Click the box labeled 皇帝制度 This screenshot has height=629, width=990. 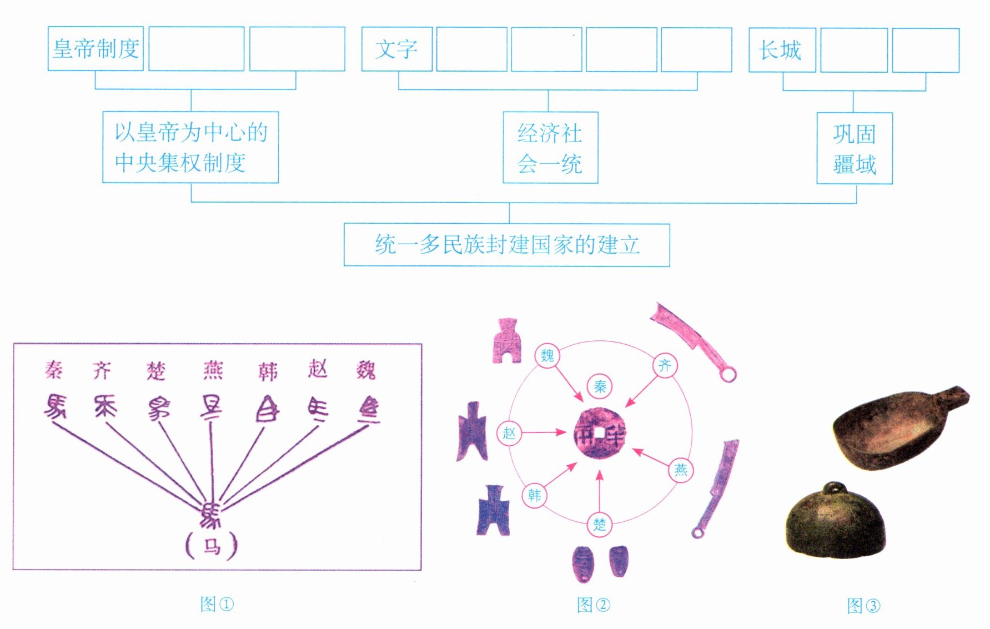point(96,49)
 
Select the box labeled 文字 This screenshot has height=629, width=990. point(396,49)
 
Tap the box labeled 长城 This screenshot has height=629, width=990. point(781,50)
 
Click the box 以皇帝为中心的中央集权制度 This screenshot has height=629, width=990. point(190,147)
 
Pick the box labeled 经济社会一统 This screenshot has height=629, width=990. point(550,148)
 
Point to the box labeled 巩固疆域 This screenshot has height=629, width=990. point(854,148)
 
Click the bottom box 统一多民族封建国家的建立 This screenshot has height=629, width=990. point(506,245)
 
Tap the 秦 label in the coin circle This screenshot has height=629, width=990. point(600,386)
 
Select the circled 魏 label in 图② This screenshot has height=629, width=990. point(547,355)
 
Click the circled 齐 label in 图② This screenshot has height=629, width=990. point(665,365)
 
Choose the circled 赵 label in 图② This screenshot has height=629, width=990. point(509,433)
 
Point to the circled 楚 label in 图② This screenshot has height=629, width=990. point(600,524)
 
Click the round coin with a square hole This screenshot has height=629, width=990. point(600,434)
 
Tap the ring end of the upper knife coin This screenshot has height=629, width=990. point(728,375)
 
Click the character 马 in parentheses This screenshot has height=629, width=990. point(212,546)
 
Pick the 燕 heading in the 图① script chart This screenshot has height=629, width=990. point(213,370)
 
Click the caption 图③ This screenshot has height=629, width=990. point(863,606)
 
